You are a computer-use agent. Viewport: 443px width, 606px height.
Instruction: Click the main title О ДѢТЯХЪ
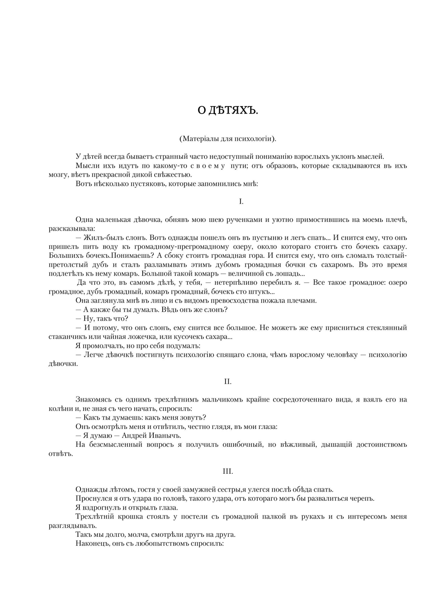228,111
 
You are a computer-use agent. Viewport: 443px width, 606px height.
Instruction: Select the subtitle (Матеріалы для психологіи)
228,138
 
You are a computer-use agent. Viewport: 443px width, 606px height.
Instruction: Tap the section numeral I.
241,202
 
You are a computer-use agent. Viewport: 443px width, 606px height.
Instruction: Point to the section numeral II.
228,382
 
